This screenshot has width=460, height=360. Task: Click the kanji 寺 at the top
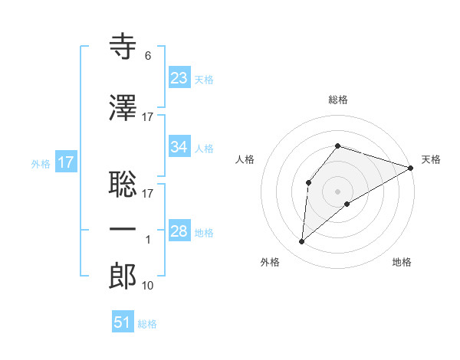click(x=123, y=47)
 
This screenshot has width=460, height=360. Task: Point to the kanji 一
click(x=123, y=229)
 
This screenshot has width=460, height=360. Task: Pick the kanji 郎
click(x=123, y=277)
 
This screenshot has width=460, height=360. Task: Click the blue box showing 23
click(x=179, y=77)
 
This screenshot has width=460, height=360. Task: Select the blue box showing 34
click(x=179, y=147)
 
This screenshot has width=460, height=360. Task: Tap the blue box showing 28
click(x=179, y=231)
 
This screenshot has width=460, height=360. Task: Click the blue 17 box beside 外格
click(x=65, y=162)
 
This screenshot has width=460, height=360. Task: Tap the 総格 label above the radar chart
click(x=338, y=100)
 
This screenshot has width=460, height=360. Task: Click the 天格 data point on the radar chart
click(x=411, y=168)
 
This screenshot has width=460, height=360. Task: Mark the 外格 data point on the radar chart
click(x=302, y=242)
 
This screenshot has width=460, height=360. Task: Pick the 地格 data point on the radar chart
click(x=347, y=204)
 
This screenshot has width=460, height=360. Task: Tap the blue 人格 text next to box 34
click(x=204, y=149)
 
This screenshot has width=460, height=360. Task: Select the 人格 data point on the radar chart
click(x=308, y=182)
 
